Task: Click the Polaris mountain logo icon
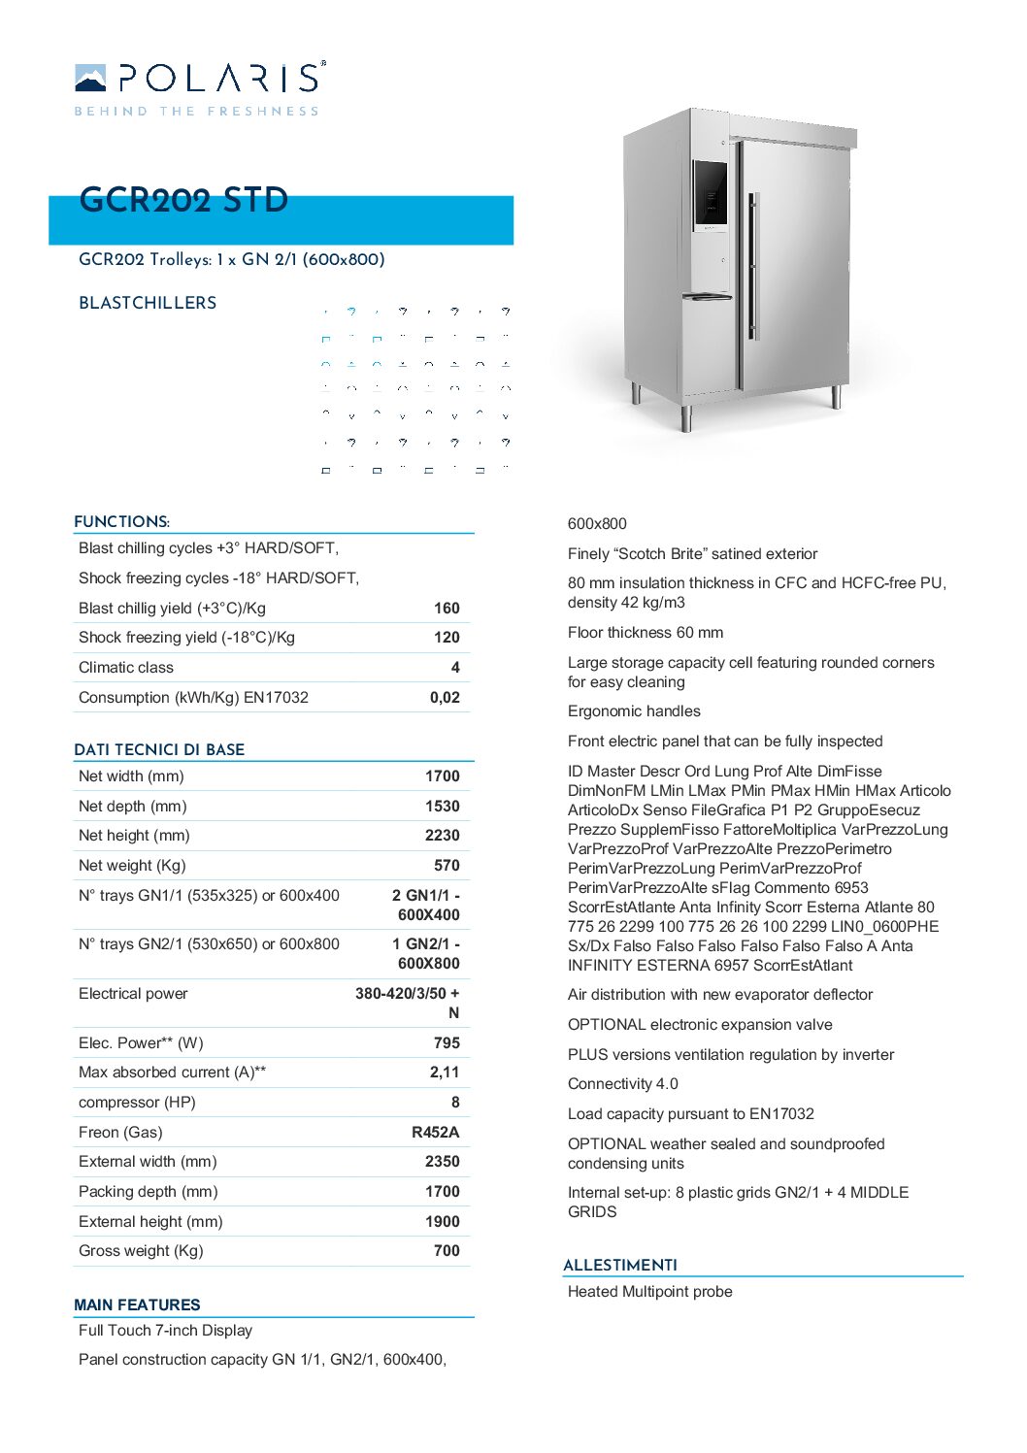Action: (x=90, y=78)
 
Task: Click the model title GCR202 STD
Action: (x=183, y=200)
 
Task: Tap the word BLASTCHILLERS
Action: (x=148, y=303)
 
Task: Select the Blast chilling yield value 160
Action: (x=447, y=609)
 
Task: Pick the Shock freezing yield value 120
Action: (x=447, y=638)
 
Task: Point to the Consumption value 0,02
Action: (x=445, y=698)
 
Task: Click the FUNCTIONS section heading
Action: (x=121, y=522)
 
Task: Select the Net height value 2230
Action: (x=442, y=836)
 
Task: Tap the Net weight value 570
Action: (x=447, y=866)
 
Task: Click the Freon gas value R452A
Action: (x=435, y=1133)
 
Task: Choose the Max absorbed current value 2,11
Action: (x=445, y=1073)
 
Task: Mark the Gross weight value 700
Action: (x=447, y=1251)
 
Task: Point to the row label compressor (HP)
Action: (x=137, y=1103)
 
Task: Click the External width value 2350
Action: (x=442, y=1162)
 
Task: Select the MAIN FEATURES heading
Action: (x=137, y=1305)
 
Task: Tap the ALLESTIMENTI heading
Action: (x=620, y=1266)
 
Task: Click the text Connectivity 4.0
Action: (x=622, y=1084)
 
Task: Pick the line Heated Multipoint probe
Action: (x=649, y=1292)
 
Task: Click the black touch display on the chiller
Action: (x=711, y=197)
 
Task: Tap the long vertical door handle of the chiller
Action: (x=752, y=267)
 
